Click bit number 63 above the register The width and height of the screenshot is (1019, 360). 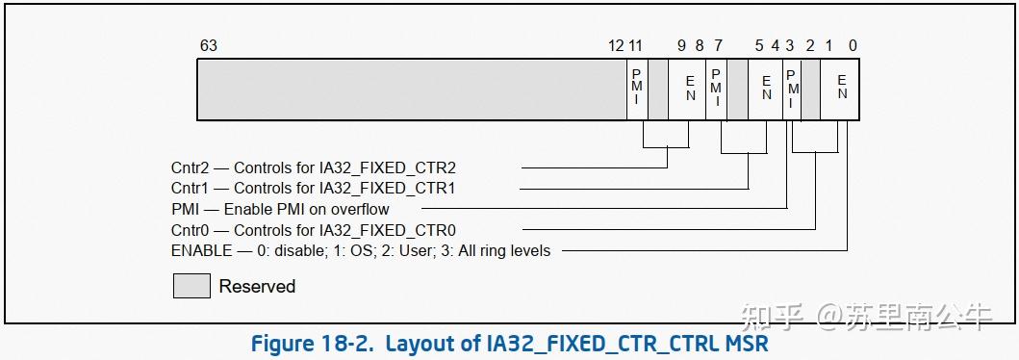click(208, 45)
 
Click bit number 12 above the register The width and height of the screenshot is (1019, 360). click(616, 45)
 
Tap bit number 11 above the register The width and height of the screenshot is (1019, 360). click(636, 45)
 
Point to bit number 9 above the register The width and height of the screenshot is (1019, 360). click(681, 45)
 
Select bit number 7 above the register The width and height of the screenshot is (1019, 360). click(718, 45)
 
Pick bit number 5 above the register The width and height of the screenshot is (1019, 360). click(759, 45)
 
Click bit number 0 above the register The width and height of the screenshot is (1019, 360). click(853, 45)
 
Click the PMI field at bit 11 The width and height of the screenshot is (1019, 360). click(638, 89)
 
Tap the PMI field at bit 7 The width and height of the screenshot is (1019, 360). click(717, 89)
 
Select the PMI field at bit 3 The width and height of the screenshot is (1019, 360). click(792, 89)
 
